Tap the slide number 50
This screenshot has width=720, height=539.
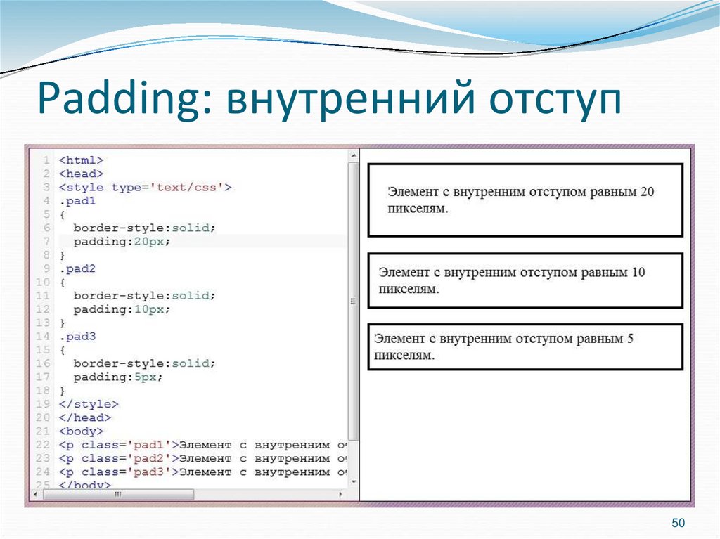click(678, 523)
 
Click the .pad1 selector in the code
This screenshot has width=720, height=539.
click(77, 201)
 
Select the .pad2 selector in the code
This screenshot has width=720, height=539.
click(77, 268)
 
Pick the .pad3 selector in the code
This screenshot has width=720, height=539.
click(77, 336)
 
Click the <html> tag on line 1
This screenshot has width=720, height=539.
click(81, 160)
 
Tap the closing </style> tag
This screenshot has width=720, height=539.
click(89, 404)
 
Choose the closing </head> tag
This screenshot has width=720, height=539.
click(85, 417)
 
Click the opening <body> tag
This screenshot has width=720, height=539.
click(81, 431)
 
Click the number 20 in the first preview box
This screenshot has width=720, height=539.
click(648, 191)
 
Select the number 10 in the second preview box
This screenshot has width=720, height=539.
click(638, 272)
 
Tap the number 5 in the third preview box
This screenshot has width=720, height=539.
click(630, 339)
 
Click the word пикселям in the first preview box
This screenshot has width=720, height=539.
click(417, 209)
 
